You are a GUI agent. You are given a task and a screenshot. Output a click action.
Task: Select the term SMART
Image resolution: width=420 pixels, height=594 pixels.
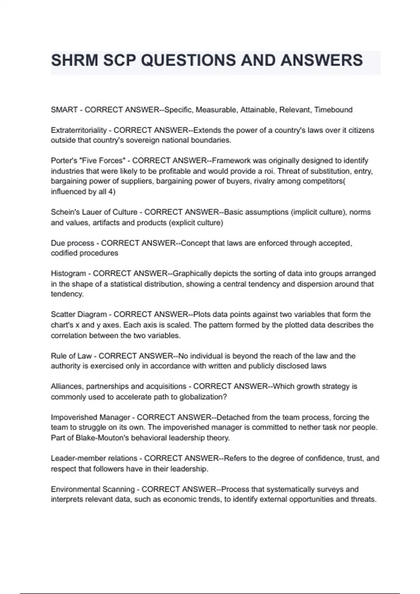[x=64, y=110]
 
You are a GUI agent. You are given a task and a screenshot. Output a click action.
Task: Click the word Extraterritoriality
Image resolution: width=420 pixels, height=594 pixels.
[x=79, y=130]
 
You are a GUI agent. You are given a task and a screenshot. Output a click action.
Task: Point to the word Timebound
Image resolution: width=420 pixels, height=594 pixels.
[x=333, y=110]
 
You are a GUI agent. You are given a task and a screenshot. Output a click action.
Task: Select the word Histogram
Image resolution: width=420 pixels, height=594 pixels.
[x=68, y=274]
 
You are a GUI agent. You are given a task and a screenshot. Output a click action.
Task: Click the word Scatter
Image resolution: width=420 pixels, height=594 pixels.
[x=63, y=314]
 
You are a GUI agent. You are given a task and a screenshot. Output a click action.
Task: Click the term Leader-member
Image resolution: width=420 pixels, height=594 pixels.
[x=77, y=458]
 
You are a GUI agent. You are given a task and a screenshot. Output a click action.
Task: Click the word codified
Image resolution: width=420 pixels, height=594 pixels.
[x=65, y=253]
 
